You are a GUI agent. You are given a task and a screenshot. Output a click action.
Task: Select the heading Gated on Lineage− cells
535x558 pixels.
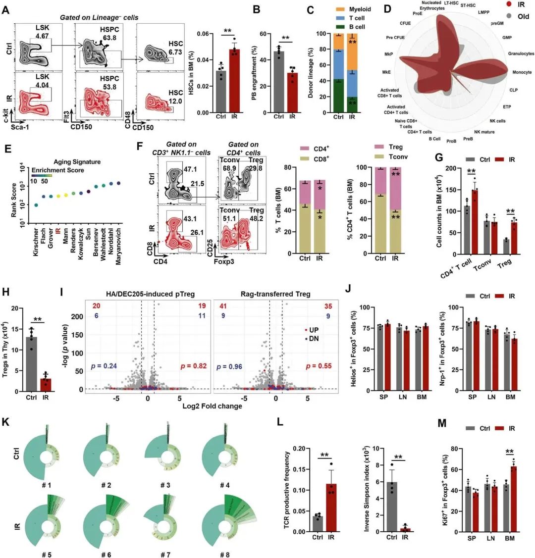click(x=99, y=17)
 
